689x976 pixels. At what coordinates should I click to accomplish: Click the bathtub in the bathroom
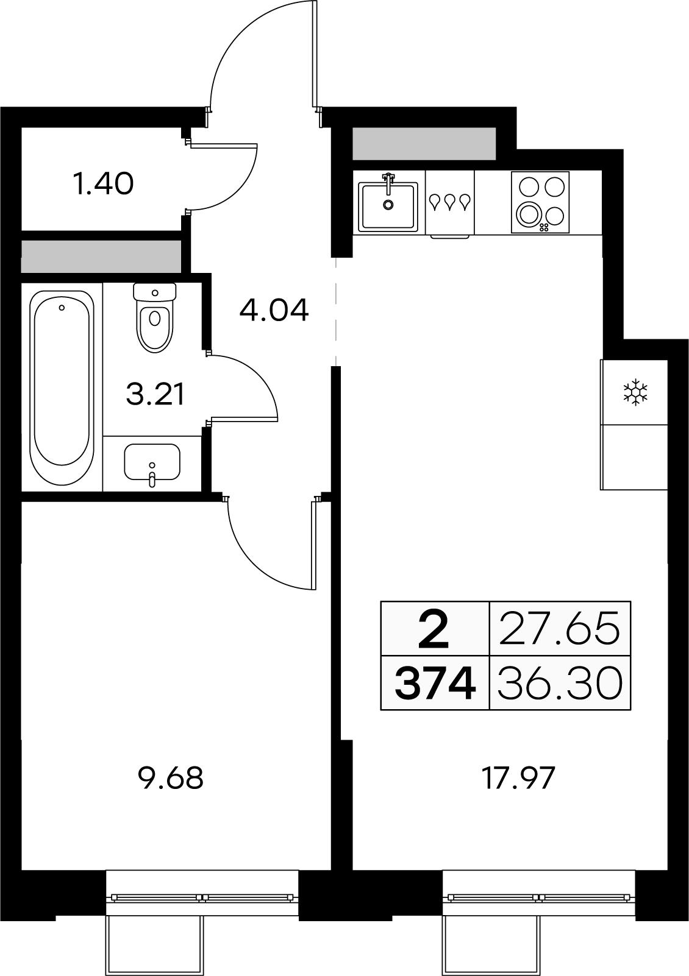(x=62, y=387)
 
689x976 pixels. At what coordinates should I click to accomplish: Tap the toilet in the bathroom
(x=154, y=317)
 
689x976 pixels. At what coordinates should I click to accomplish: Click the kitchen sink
(x=388, y=205)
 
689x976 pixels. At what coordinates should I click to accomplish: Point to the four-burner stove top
(x=540, y=203)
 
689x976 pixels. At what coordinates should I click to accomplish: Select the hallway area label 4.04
(x=274, y=309)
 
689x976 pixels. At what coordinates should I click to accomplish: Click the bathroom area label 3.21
(x=155, y=394)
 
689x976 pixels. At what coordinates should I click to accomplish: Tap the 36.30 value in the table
(x=560, y=683)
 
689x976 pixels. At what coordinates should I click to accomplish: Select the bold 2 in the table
(x=434, y=629)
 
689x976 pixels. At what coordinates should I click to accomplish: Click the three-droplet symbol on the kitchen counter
(x=450, y=202)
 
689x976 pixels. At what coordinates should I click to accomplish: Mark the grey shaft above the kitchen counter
(x=424, y=143)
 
